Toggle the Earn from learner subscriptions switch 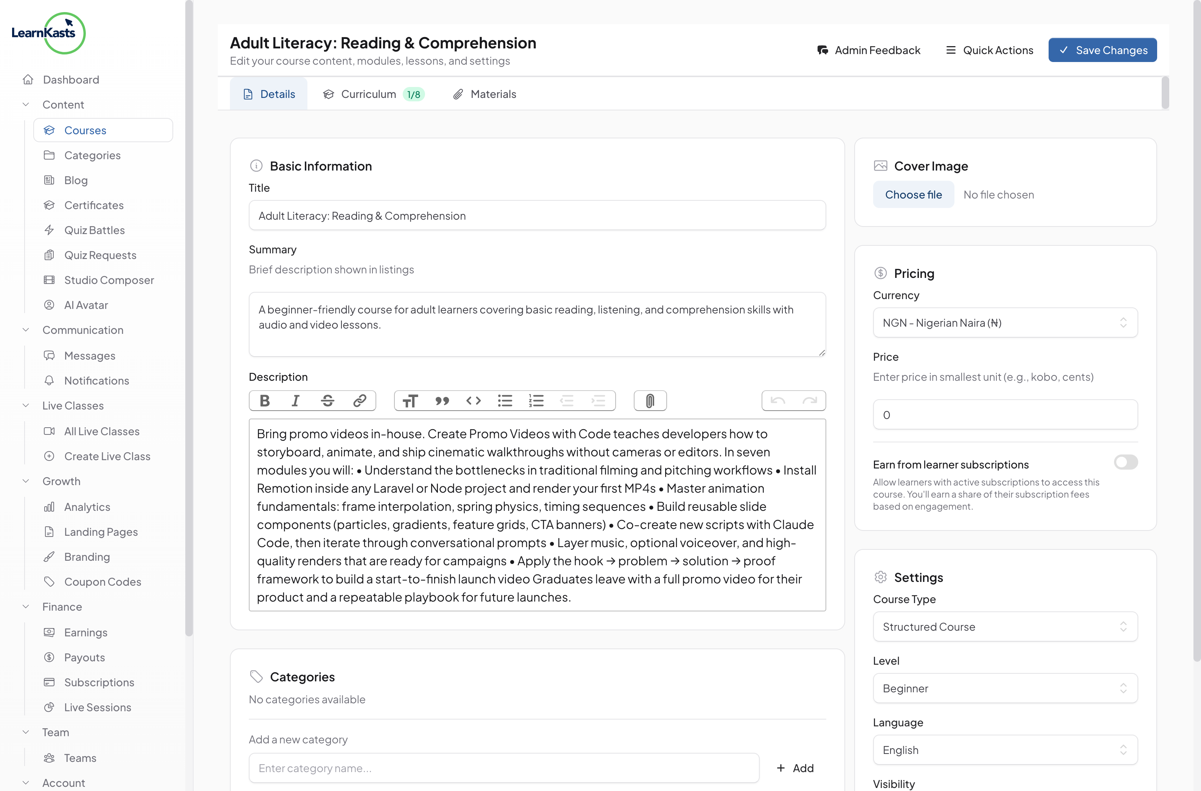tap(1125, 462)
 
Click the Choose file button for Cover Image tap(913, 195)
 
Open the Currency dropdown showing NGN tap(1005, 323)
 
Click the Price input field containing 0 tap(1005, 415)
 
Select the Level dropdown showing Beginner tap(1005, 688)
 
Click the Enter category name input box tap(504, 768)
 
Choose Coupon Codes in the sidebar tap(102, 582)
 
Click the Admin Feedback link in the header tap(869, 50)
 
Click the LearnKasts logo tap(48, 33)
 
